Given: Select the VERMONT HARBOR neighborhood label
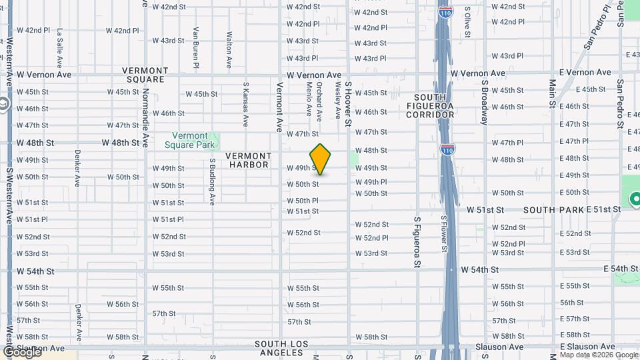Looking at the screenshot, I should (247, 160).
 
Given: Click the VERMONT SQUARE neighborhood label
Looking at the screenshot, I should (145, 75).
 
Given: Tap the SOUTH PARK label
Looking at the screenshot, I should (553, 210).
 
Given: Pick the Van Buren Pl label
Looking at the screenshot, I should (196, 47).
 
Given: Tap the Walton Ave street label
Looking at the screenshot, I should (229, 49).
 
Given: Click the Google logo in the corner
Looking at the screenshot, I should (22, 351).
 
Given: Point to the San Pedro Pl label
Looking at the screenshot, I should (597, 27).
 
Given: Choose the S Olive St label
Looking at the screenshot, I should (467, 23).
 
